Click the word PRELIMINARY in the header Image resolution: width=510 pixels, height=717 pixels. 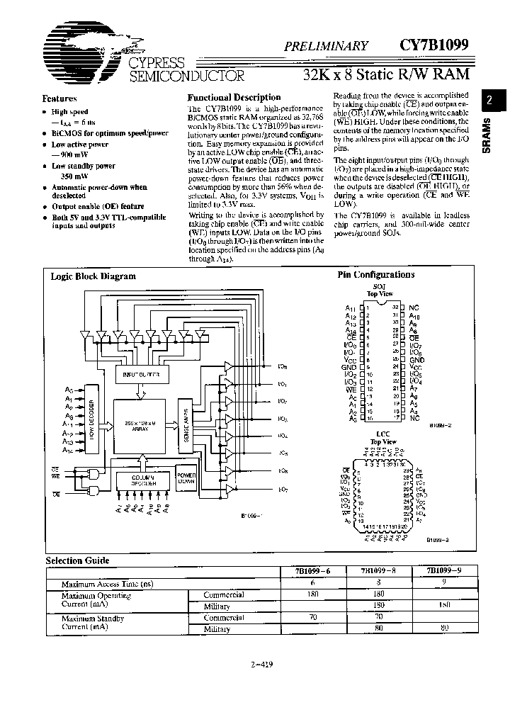point(326,46)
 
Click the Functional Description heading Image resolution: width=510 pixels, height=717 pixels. point(234,97)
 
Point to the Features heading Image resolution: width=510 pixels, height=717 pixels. point(59,98)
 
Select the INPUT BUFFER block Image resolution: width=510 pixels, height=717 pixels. point(142,375)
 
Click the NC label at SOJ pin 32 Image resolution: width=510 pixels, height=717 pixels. point(414,308)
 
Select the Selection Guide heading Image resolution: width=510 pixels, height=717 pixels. point(78,560)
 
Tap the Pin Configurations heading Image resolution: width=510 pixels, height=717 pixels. point(383,275)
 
